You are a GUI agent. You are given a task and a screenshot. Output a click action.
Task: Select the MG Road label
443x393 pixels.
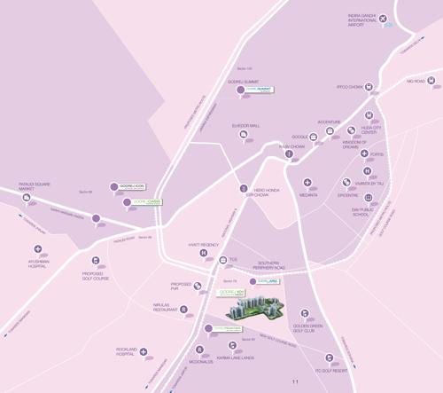point(416,82)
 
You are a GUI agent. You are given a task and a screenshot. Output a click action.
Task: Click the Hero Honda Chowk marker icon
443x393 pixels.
point(244,188)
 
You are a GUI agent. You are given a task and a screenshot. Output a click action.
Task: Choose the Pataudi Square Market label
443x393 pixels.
point(36,187)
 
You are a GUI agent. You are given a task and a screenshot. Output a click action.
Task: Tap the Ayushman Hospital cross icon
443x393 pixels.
point(37,249)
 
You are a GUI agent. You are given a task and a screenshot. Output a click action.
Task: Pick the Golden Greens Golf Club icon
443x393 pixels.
point(305,313)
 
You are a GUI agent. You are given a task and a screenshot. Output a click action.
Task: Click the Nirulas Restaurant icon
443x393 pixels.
point(183,310)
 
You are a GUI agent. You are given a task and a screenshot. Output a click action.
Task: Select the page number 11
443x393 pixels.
point(296,382)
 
